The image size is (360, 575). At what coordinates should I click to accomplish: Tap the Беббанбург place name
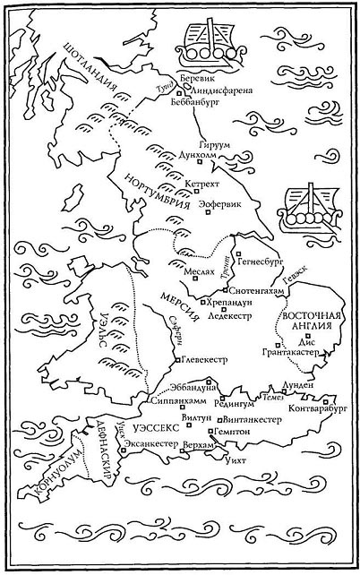tap(203, 103)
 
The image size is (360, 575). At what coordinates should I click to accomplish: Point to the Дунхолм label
tap(201, 153)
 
